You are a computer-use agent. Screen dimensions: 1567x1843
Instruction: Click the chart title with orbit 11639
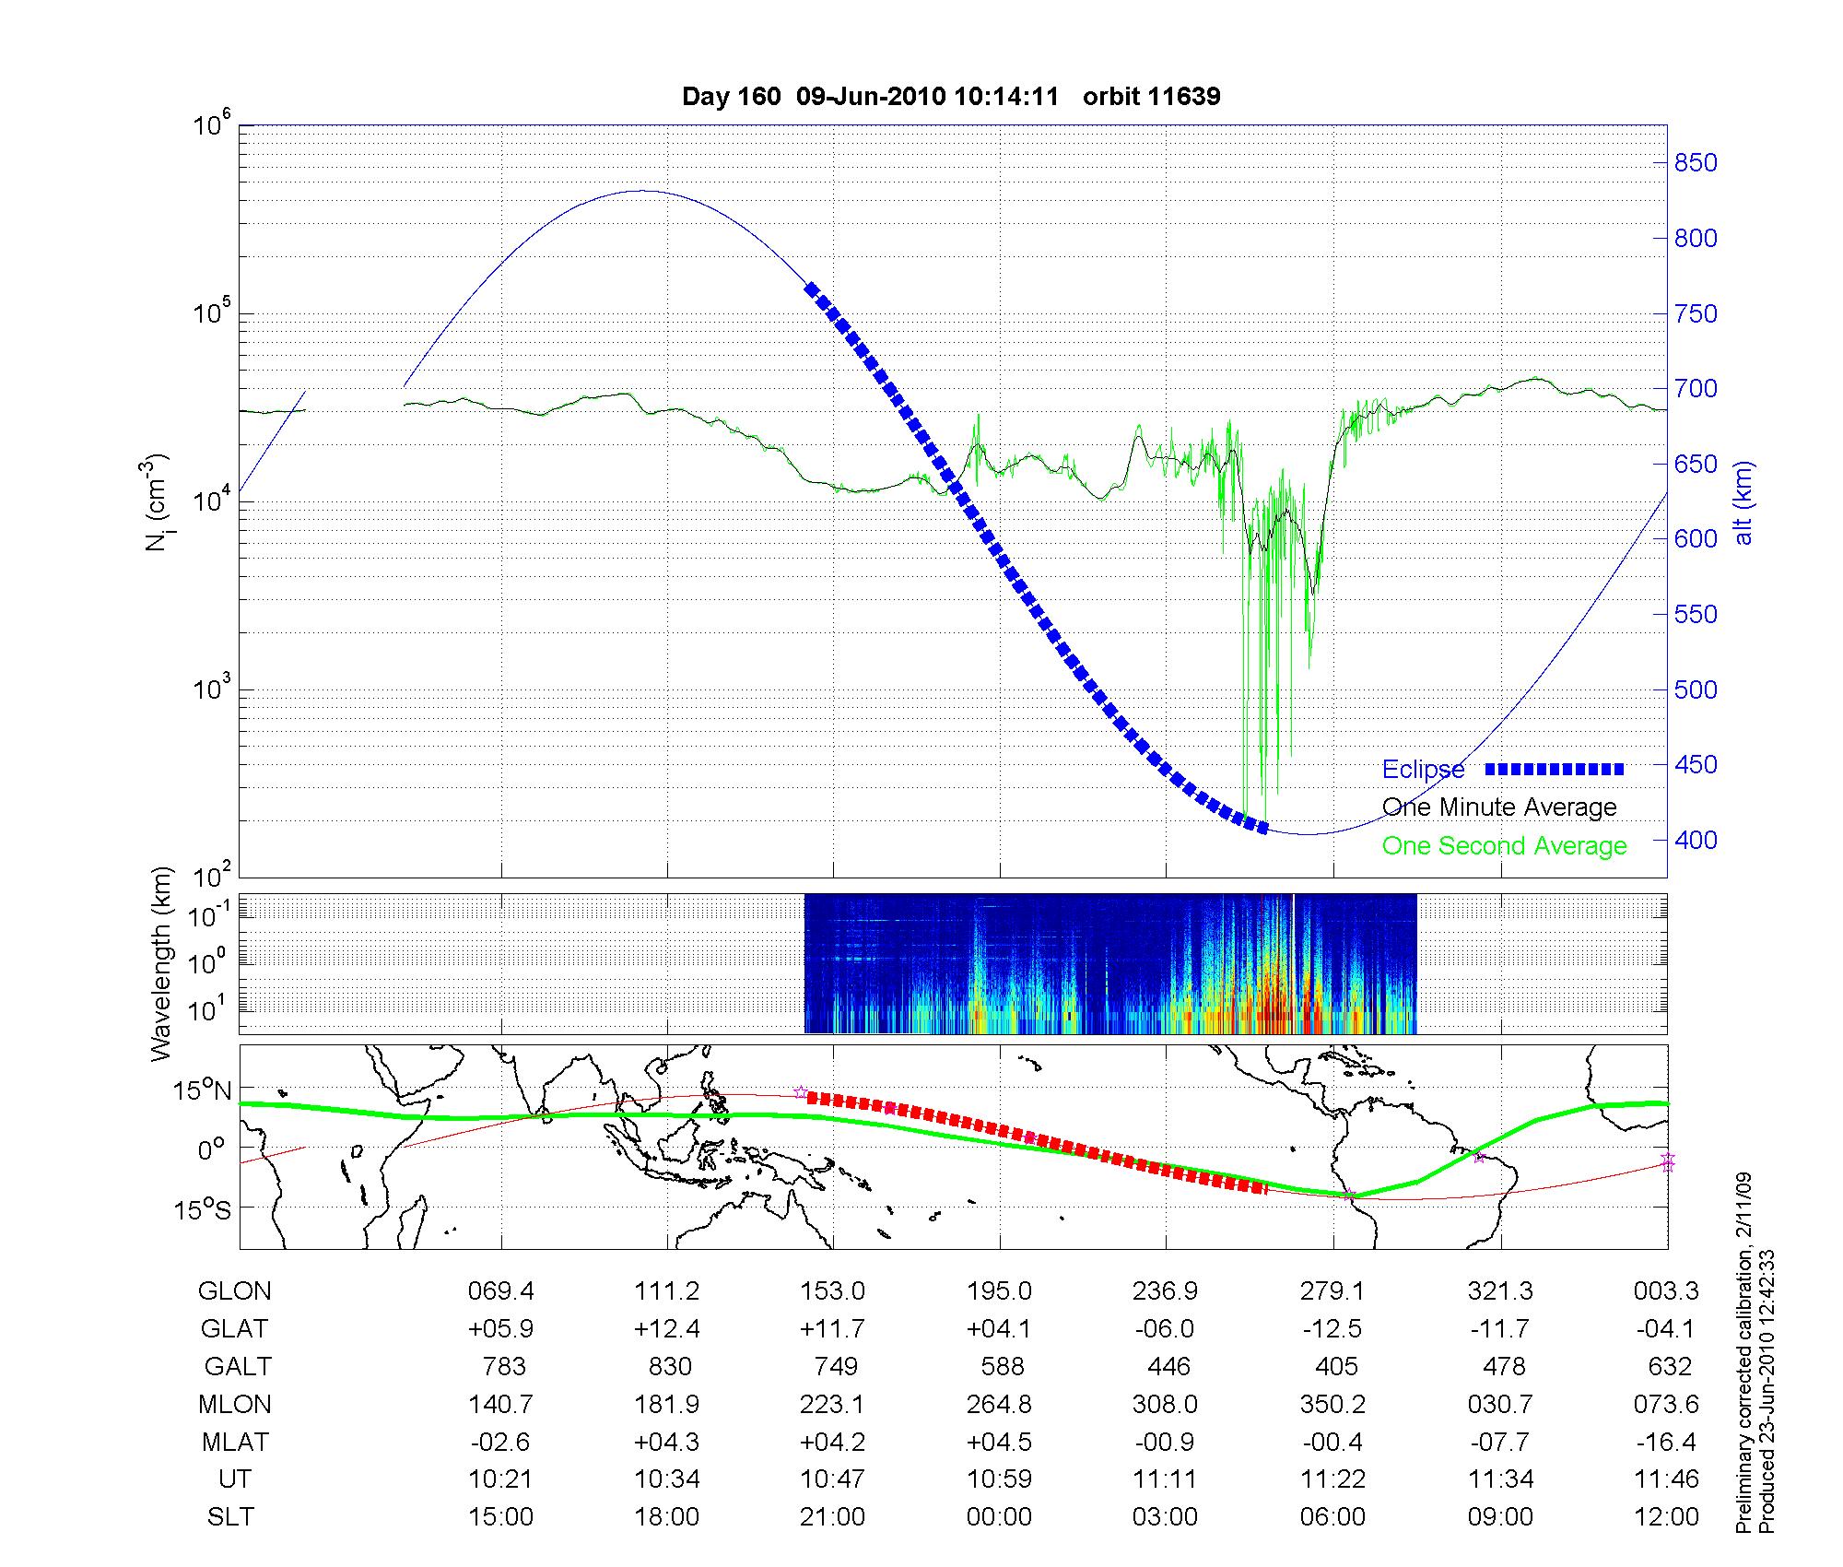click(x=950, y=97)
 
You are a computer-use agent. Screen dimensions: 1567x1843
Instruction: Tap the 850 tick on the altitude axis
click(x=1696, y=163)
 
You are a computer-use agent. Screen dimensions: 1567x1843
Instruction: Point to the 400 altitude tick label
click(x=1696, y=841)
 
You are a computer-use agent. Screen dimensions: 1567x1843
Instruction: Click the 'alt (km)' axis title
click(x=1743, y=502)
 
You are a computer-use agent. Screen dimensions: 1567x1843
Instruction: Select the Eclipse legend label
click(x=1423, y=770)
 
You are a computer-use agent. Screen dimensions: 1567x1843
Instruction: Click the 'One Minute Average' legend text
click(x=1499, y=807)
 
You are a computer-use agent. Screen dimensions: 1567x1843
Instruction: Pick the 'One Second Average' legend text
click(x=1504, y=846)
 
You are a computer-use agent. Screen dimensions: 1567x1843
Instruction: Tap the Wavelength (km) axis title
click(x=161, y=963)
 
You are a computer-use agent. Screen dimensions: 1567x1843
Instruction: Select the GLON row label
click(x=234, y=1291)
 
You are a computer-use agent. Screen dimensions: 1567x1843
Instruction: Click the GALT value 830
click(x=669, y=1367)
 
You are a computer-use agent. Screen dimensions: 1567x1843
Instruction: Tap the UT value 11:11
click(x=1166, y=1479)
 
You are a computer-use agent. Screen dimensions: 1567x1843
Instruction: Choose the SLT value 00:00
click(x=999, y=1517)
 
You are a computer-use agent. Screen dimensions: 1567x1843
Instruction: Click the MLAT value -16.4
click(x=1666, y=1442)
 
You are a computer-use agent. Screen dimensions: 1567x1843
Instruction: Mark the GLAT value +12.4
click(x=667, y=1329)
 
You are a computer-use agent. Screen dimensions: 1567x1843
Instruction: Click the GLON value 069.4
click(x=500, y=1291)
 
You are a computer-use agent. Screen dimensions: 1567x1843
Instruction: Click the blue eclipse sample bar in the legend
click(x=1555, y=770)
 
